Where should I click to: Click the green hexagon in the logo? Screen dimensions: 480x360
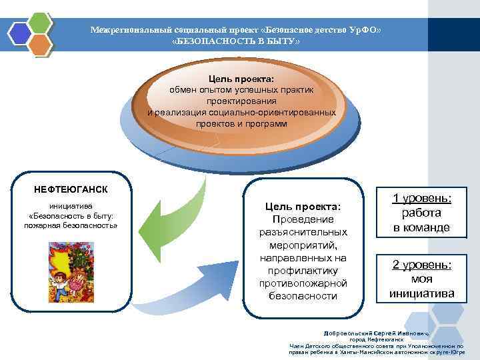coord(40,23)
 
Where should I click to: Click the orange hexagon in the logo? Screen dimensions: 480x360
coord(40,45)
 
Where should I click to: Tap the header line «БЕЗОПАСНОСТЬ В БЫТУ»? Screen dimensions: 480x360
coord(236,41)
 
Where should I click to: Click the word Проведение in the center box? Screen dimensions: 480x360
coord(303,219)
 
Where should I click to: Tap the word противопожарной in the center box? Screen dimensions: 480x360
coord(303,283)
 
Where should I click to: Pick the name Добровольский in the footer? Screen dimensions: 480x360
coord(349,332)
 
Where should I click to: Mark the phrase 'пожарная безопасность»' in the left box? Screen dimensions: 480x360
coord(71,225)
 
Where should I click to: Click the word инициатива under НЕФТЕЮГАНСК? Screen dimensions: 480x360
coord(71,205)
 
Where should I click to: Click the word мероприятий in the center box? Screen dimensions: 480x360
coord(303,245)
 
